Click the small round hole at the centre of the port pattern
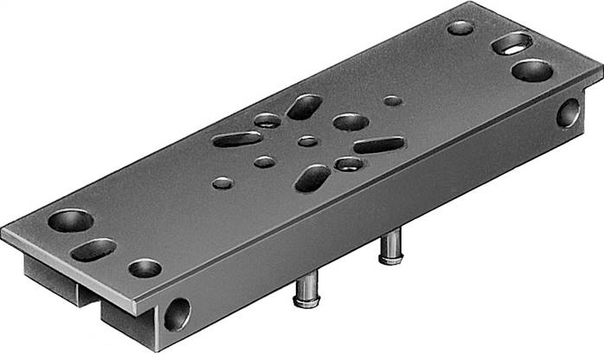pos(307,141)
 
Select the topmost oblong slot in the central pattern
pos(304,107)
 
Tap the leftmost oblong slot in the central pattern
pos(237,138)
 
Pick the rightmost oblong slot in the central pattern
pos(378,145)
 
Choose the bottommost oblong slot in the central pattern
pos(312,177)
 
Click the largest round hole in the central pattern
pos(350,122)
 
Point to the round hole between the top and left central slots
pos(267,120)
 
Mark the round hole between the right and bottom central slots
pos(349,164)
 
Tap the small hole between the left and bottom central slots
pos(265,162)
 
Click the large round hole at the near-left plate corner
pos(70,221)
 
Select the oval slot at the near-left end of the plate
pos(93,249)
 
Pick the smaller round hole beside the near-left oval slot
pos(145,268)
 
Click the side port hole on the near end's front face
pos(177,314)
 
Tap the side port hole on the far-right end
pos(569,112)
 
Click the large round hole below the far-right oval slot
pos(532,70)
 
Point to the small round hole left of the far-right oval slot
pos(460,28)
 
